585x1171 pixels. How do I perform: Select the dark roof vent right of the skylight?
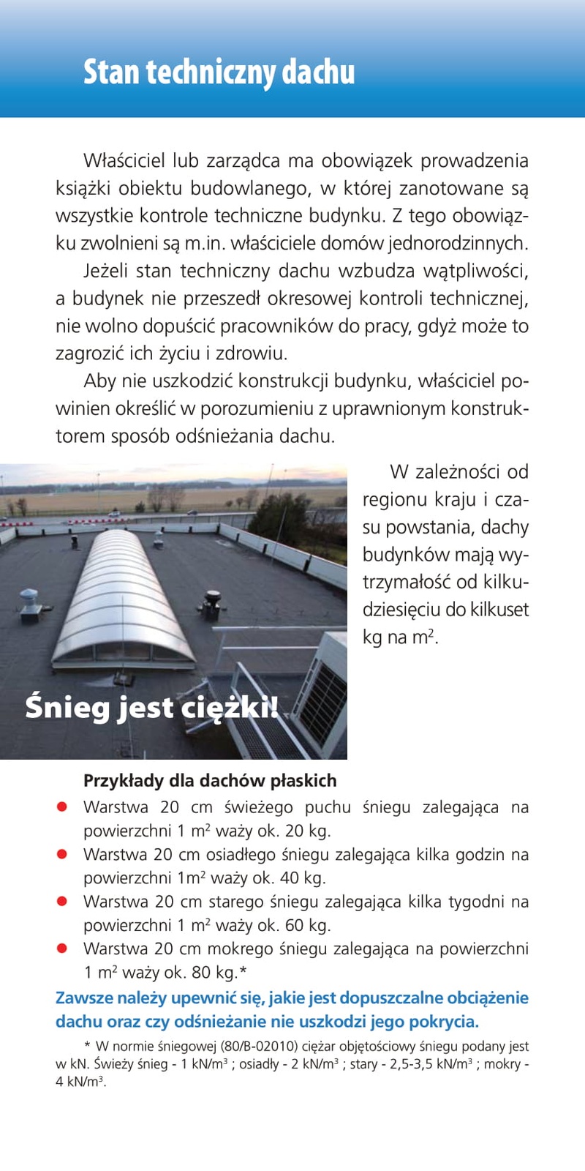click(x=212, y=602)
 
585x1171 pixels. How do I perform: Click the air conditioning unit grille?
click(x=327, y=699)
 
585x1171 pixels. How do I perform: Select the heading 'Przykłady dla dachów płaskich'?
click(x=210, y=780)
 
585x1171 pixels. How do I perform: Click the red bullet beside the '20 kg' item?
click(x=62, y=807)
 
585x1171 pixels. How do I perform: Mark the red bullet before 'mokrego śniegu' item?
click(x=62, y=949)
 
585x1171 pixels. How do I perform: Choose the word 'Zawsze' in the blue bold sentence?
click(x=82, y=998)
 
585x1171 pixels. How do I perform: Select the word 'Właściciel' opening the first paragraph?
click(x=124, y=160)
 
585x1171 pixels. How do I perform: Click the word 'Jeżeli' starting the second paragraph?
click(x=107, y=271)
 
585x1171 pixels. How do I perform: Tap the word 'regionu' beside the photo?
click(x=395, y=500)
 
